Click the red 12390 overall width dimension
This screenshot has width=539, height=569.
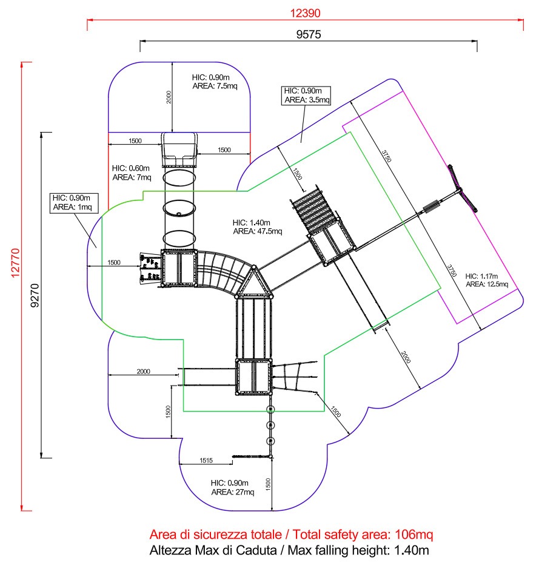click(x=305, y=13)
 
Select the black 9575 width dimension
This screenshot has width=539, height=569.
click(x=309, y=35)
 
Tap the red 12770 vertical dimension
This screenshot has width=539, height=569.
click(x=15, y=263)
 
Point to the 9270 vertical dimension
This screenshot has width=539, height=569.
click(x=35, y=295)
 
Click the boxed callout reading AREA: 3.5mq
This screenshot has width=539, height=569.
click(x=306, y=96)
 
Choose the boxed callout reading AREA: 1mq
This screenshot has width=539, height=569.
click(x=74, y=203)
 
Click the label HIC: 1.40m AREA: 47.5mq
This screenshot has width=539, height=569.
click(x=257, y=227)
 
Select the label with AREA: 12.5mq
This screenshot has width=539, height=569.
click(x=487, y=280)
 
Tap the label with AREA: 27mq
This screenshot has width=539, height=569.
click(x=233, y=487)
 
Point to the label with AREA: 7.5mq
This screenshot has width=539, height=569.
click(x=215, y=82)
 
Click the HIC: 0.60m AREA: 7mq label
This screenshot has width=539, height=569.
click(x=132, y=173)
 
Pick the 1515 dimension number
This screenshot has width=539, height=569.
click(x=206, y=460)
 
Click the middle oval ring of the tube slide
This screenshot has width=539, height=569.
click(x=179, y=208)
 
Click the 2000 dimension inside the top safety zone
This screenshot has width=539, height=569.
click(x=169, y=97)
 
